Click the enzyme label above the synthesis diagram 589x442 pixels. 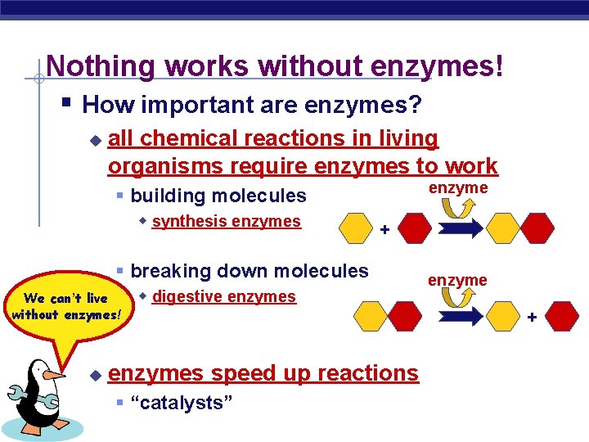tap(458, 187)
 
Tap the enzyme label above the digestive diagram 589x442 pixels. tap(458, 280)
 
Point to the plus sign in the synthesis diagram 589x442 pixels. tap(384, 230)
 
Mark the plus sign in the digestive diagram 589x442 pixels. tap(532, 315)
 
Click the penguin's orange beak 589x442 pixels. tap(56, 376)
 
